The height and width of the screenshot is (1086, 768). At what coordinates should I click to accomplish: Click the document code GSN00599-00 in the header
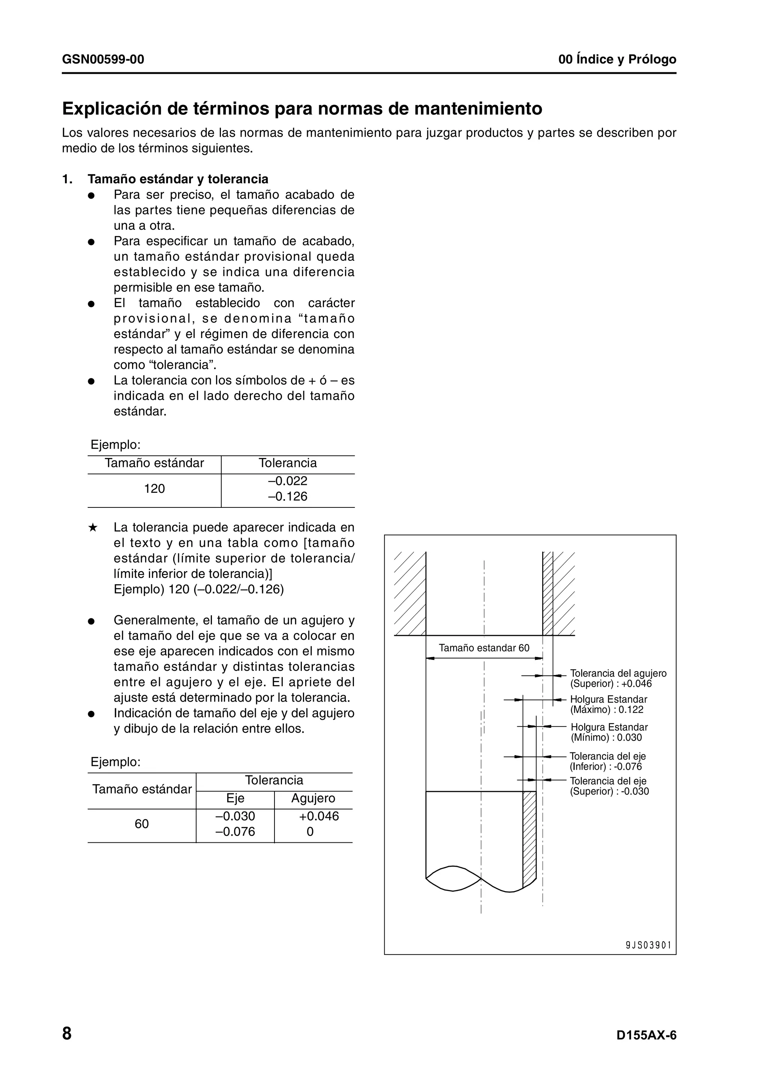click(103, 60)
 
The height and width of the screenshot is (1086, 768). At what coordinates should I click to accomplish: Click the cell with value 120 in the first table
click(154, 489)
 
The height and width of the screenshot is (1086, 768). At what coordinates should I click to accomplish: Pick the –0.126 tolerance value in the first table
click(288, 497)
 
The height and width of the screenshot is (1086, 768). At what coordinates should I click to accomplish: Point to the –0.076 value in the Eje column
click(235, 832)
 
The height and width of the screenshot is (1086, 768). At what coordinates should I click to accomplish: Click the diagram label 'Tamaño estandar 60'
click(484, 648)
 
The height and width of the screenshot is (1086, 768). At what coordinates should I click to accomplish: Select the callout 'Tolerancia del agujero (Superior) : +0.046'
click(618, 678)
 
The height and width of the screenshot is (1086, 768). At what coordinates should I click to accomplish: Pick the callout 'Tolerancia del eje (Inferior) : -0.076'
click(607, 761)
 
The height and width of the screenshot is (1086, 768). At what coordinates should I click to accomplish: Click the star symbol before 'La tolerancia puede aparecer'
click(93, 527)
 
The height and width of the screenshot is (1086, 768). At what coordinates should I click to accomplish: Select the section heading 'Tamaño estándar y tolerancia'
click(178, 179)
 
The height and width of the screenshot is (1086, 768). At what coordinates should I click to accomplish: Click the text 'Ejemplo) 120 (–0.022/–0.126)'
click(199, 589)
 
